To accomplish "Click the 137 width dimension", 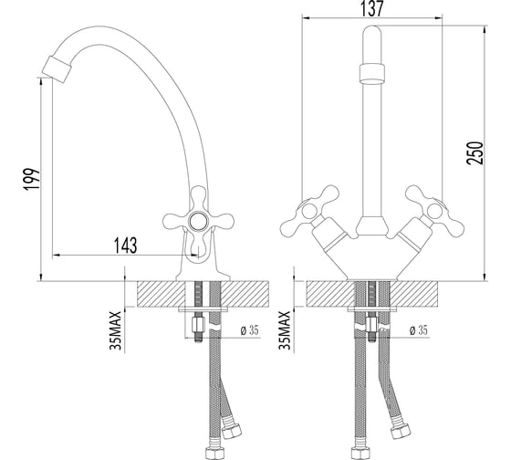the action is (372, 9).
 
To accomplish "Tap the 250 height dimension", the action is (474, 153).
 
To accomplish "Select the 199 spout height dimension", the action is (32, 179).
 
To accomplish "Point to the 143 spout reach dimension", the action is (126, 246).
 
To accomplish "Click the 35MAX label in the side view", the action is (115, 330).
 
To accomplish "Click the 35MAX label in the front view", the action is (285, 330).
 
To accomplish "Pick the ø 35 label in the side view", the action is (250, 330).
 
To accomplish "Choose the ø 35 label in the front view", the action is (418, 330).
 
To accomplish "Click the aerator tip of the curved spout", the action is (57, 69).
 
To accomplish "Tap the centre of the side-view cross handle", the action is (197, 222).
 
